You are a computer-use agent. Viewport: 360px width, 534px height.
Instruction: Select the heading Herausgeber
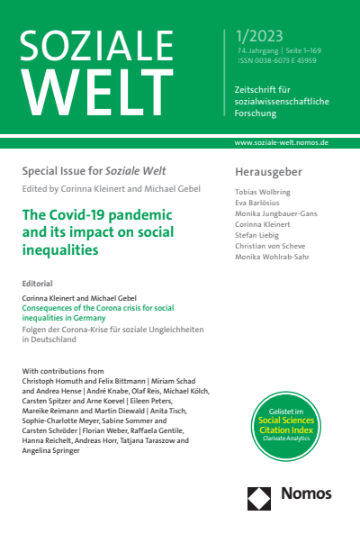(x=267, y=171)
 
